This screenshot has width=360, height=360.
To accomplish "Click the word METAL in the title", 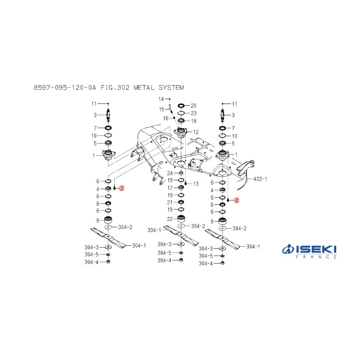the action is click(x=144, y=87).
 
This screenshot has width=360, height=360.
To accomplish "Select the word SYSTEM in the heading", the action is click(x=171, y=87).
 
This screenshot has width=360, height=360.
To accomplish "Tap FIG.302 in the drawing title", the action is click(x=115, y=87).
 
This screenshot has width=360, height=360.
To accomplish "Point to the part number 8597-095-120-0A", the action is click(x=65, y=87).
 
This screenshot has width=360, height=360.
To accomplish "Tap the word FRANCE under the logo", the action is click(x=316, y=257).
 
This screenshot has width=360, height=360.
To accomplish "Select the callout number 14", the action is click(x=161, y=99).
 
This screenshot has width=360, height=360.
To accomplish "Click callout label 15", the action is click(x=162, y=109).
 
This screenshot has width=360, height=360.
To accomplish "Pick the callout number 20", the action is click(x=193, y=106).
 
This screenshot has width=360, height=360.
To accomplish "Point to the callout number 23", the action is click(x=193, y=113).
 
